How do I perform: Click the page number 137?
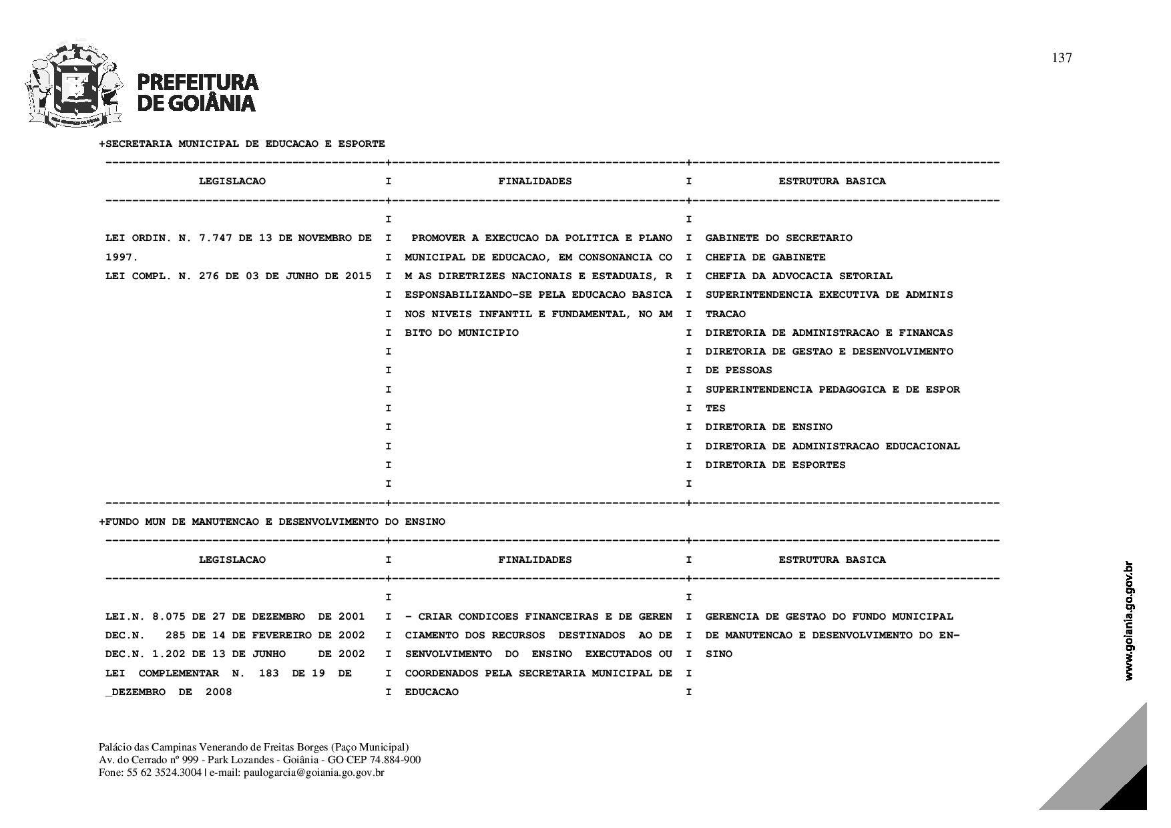click(1062, 58)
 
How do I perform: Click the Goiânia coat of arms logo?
click(74, 85)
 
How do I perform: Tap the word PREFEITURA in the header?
click(198, 82)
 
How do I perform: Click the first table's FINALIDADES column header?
click(535, 181)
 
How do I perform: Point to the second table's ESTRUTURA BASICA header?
click(832, 560)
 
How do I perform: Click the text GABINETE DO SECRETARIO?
click(778, 238)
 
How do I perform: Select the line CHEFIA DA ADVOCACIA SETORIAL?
click(798, 276)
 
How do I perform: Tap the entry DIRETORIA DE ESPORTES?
click(775, 465)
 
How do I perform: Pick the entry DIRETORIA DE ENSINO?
click(768, 427)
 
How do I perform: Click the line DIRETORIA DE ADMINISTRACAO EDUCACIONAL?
click(832, 446)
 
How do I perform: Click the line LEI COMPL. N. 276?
click(238, 276)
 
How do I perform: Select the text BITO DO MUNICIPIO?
click(461, 333)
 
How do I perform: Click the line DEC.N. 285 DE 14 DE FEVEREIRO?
click(235, 635)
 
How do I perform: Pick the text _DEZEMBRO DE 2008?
click(168, 692)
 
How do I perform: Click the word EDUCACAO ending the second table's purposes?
click(431, 692)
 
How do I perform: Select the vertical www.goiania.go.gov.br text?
click(1128, 621)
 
